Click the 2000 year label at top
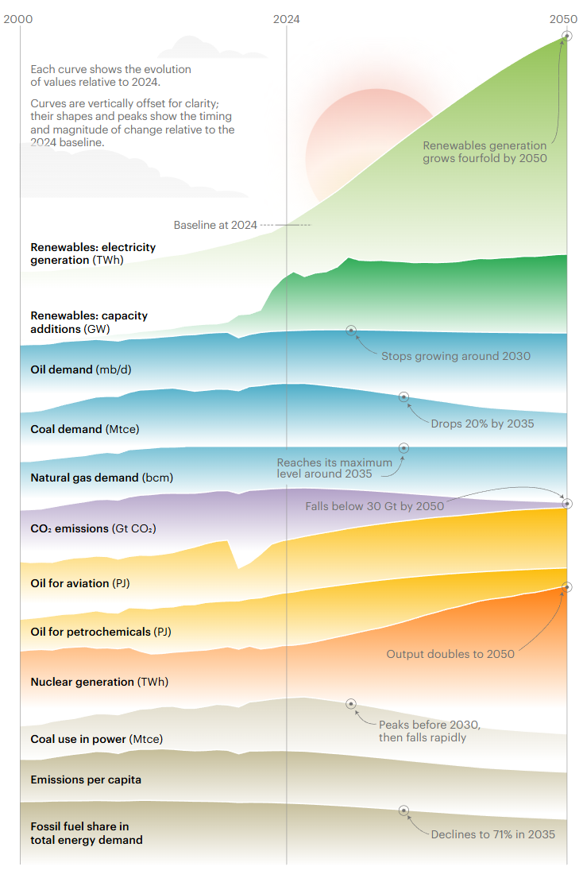pyautogui.click(x=19, y=18)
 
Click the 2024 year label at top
pyautogui.click(x=286, y=18)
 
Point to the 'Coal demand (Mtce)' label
pyautogui.click(x=84, y=429)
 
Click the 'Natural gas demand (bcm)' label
pyautogui.click(x=102, y=478)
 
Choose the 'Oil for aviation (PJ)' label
pyautogui.click(x=80, y=583)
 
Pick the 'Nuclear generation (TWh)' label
pyautogui.click(x=99, y=682)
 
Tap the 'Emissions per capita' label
pyautogui.click(x=86, y=779)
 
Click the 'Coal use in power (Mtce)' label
pyautogui.click(x=96, y=739)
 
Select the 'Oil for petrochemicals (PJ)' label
pyautogui.click(x=101, y=632)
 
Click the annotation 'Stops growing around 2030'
pyautogui.click(x=456, y=356)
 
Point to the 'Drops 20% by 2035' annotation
pyautogui.click(x=482, y=424)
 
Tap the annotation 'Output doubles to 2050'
pyautogui.click(x=450, y=654)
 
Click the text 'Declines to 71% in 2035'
pyautogui.click(x=492, y=834)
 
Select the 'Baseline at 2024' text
pyautogui.click(x=215, y=225)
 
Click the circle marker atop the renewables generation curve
pyautogui.click(x=566, y=36)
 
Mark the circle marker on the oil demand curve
pyautogui.click(x=351, y=330)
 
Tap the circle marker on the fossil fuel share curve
pyautogui.click(x=403, y=810)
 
